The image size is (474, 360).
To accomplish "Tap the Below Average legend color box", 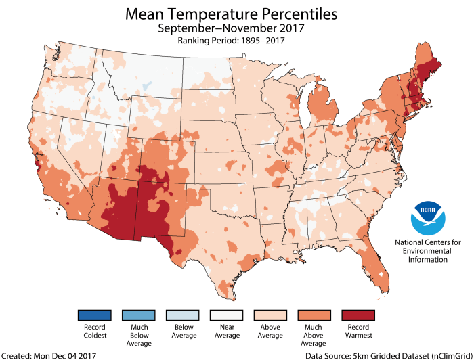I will coord(172,316).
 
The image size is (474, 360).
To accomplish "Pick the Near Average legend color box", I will coord(211,316).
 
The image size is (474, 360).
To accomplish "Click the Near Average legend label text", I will coord(211,335).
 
